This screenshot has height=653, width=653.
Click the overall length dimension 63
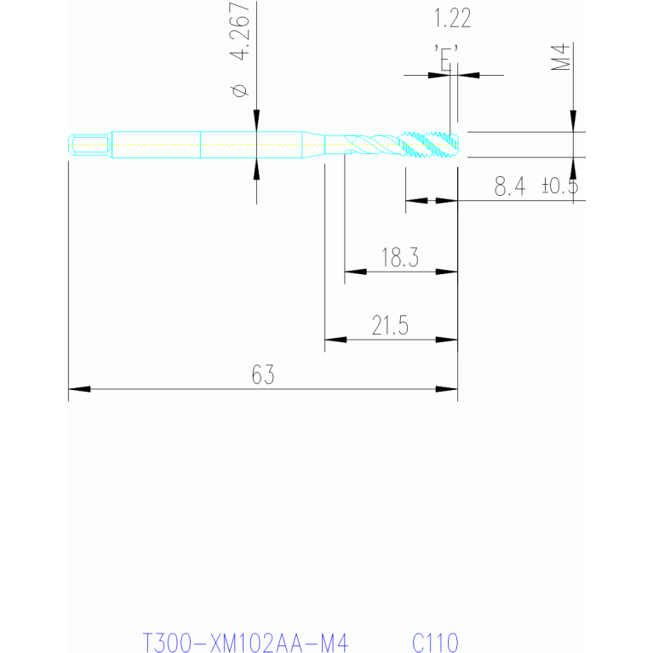click(263, 375)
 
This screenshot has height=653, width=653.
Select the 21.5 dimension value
click(390, 325)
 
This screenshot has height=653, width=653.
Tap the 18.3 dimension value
click(400, 257)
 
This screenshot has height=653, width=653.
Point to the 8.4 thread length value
click(510, 186)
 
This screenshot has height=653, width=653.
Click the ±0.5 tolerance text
click(560, 186)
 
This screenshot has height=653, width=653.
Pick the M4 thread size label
click(560, 56)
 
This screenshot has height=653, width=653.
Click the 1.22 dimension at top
click(452, 19)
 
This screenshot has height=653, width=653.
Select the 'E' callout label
click(445, 58)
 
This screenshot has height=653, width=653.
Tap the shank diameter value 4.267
click(240, 31)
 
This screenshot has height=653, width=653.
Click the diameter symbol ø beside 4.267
click(240, 90)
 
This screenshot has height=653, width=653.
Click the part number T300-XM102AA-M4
click(245, 643)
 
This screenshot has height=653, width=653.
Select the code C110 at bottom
click(435, 643)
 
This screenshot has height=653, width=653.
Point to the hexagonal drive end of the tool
click(89, 145)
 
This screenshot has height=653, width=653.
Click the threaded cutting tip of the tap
click(428, 145)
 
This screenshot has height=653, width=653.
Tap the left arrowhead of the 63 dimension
click(79, 389)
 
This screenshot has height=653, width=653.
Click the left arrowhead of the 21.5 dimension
click(335, 340)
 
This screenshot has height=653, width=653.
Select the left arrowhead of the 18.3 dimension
click(356, 272)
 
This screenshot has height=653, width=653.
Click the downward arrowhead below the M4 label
click(574, 121)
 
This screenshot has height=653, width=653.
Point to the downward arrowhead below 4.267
click(256, 120)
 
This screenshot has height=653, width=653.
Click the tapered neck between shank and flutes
click(313, 145)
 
